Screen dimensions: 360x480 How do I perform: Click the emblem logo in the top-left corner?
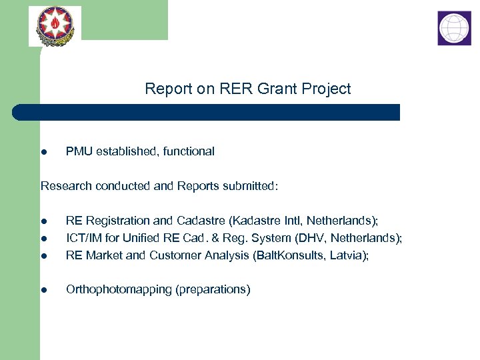coord(55,25)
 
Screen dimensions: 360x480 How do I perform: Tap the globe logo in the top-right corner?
coord(454,28)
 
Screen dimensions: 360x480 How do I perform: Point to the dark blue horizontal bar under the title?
coord(207,112)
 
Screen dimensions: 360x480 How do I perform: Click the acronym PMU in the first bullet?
coord(79,151)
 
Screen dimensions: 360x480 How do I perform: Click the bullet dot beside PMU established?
coord(43,153)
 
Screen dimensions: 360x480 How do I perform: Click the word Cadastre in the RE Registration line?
coord(199,221)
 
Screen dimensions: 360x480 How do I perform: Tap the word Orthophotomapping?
coord(117,290)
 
